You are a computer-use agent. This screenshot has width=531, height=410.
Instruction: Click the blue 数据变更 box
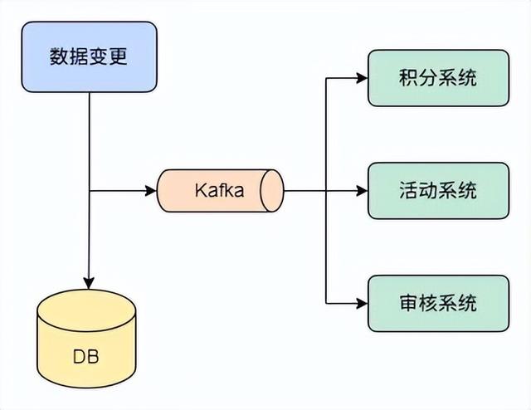coord(89,58)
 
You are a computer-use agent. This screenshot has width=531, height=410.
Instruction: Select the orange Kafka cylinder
coord(220,191)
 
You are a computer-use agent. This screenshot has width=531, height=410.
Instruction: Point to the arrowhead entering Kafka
coord(151,191)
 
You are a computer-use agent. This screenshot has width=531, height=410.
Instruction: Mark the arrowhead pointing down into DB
coord(89,283)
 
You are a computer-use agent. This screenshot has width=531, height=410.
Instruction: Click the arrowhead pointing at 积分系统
coord(362,79)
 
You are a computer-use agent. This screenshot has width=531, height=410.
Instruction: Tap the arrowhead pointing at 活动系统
coord(362,191)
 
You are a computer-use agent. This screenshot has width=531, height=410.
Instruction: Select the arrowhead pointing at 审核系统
coord(362,302)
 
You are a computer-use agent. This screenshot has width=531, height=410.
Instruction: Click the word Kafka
coord(219,191)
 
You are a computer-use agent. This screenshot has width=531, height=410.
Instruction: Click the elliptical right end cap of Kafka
coord(271,191)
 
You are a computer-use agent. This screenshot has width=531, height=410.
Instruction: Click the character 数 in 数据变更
coord(59,58)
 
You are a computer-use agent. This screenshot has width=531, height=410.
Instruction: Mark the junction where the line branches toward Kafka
coord(89,191)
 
